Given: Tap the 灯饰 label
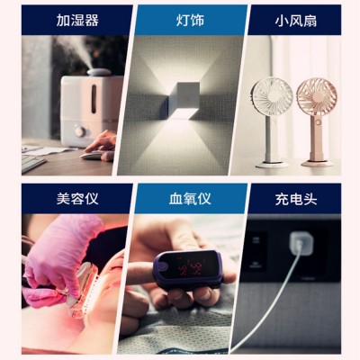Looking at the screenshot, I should pos(180,19).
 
